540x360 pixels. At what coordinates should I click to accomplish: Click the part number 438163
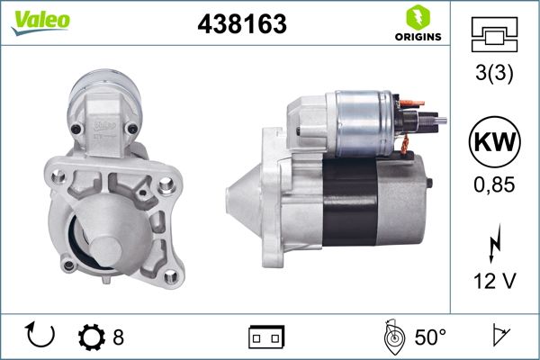[x=241, y=25]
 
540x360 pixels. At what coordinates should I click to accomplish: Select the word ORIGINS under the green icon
[x=416, y=38]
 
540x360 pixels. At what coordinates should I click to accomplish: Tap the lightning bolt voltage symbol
[x=494, y=244]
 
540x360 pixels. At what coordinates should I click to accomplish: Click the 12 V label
[x=494, y=282]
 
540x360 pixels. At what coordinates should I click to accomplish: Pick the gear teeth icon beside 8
[x=92, y=337]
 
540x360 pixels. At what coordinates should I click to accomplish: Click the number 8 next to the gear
[x=118, y=337]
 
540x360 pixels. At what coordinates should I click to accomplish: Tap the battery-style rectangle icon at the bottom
[x=265, y=337]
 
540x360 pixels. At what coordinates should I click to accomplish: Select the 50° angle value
[x=430, y=337]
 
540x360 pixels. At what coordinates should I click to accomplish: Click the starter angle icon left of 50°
[x=392, y=336]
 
